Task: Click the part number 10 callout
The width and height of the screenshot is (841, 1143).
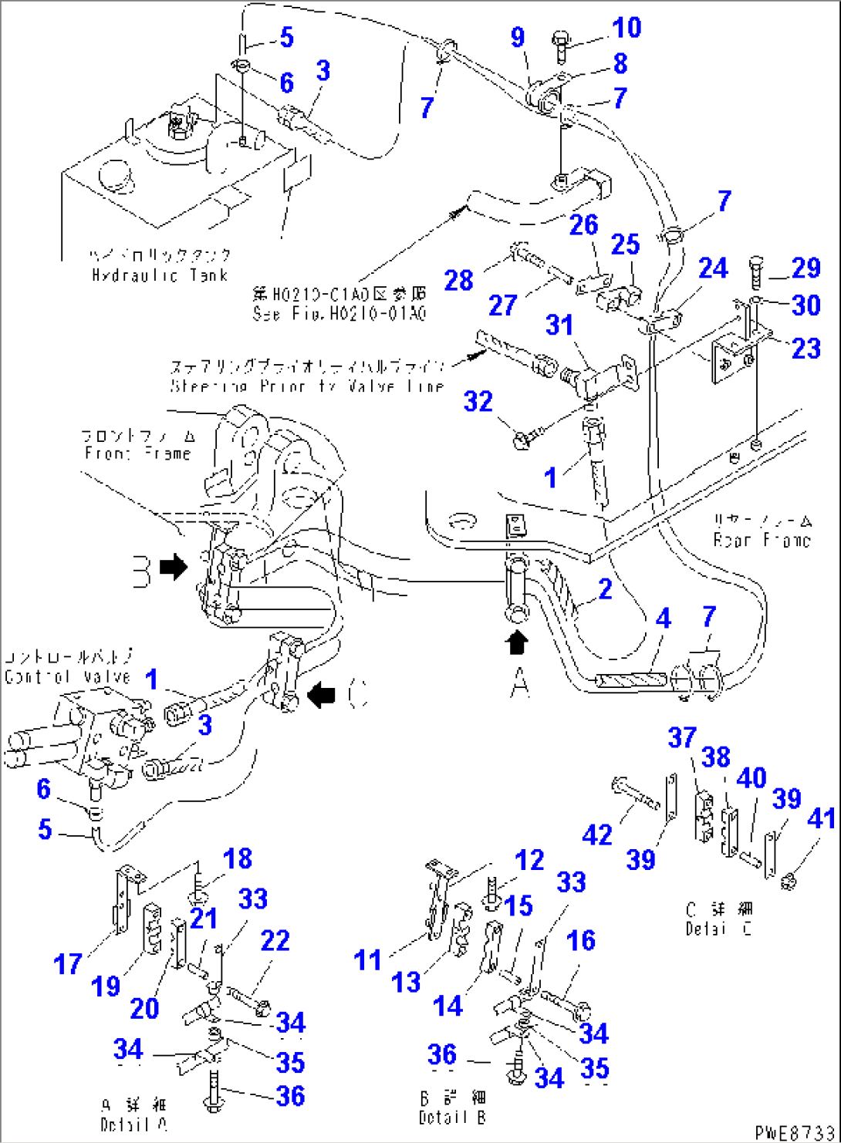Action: (x=626, y=28)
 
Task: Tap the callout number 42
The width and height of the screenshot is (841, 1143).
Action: (x=597, y=834)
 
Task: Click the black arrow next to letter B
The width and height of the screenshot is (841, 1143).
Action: (x=174, y=567)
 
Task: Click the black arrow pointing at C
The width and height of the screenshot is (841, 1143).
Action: (x=323, y=695)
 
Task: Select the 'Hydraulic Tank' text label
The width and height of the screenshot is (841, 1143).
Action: (x=160, y=275)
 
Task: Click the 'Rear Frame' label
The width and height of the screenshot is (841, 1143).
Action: (x=762, y=540)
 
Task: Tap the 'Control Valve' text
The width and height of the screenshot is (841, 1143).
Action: (x=67, y=676)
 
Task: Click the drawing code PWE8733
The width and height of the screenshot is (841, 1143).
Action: (x=794, y=1132)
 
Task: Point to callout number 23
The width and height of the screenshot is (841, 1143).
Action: (x=806, y=348)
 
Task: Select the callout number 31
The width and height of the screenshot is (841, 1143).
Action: (x=559, y=325)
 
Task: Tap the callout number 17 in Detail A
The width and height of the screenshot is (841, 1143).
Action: (x=68, y=963)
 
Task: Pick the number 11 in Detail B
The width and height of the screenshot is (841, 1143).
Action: (x=367, y=960)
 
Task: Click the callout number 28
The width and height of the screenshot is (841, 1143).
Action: (x=458, y=280)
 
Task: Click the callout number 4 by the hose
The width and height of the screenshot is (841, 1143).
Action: (x=662, y=618)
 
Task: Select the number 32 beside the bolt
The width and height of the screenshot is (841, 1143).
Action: (x=478, y=401)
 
